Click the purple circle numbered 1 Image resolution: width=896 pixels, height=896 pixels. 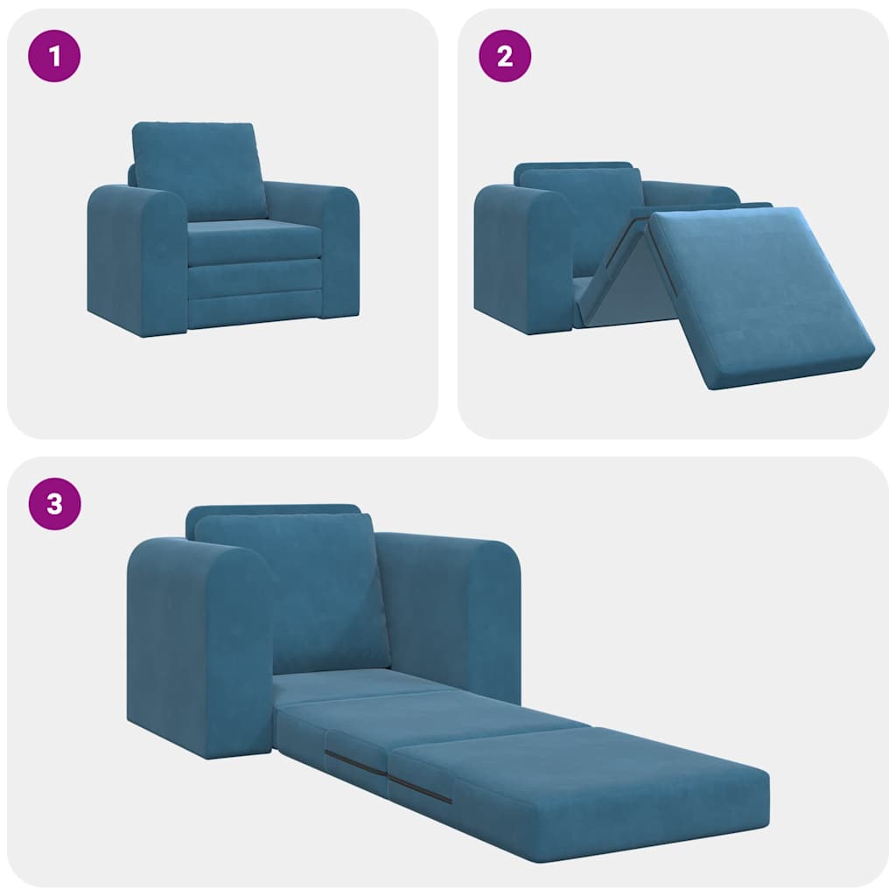(55, 57)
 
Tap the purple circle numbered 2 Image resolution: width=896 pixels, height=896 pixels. (504, 57)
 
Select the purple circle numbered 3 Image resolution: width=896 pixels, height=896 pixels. (55, 505)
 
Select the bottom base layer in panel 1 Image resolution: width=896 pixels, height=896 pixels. (254, 311)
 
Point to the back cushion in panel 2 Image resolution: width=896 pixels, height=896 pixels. (582, 210)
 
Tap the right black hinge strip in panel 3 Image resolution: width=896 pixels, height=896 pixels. (420, 788)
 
